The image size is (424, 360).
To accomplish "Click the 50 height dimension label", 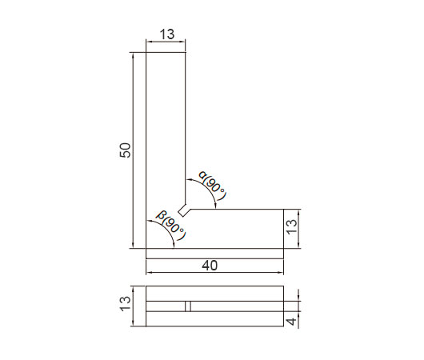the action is point(125,150).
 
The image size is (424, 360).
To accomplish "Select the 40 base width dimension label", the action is point(210,266).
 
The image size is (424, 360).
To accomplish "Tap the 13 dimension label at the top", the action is point(167,34).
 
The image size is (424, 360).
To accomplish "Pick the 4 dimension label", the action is point(291,322).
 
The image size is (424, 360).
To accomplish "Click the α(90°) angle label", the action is point(213,186).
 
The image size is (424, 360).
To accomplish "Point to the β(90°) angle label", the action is point(172,226).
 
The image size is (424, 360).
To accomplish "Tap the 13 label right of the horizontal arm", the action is point(291,226).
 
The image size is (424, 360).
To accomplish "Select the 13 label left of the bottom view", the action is point(125,304).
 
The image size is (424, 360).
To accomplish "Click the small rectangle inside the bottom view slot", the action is point(188,306).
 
